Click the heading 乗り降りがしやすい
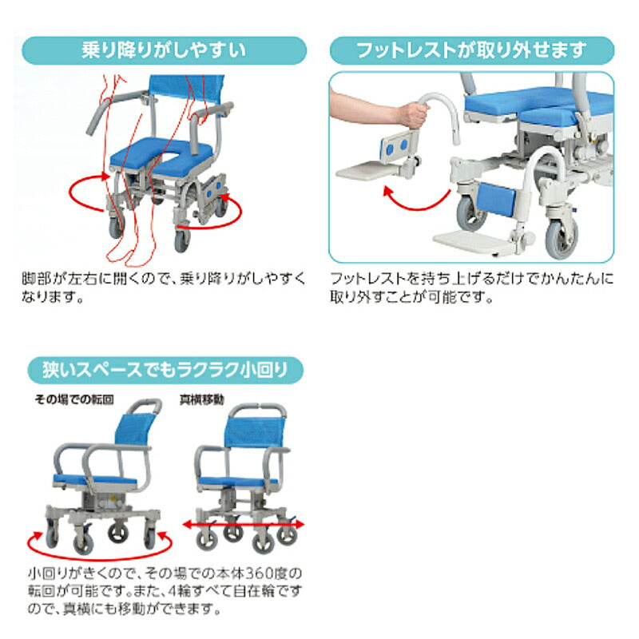coord(164,50)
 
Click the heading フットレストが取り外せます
coord(471,50)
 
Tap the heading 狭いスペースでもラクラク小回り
coord(164,371)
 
